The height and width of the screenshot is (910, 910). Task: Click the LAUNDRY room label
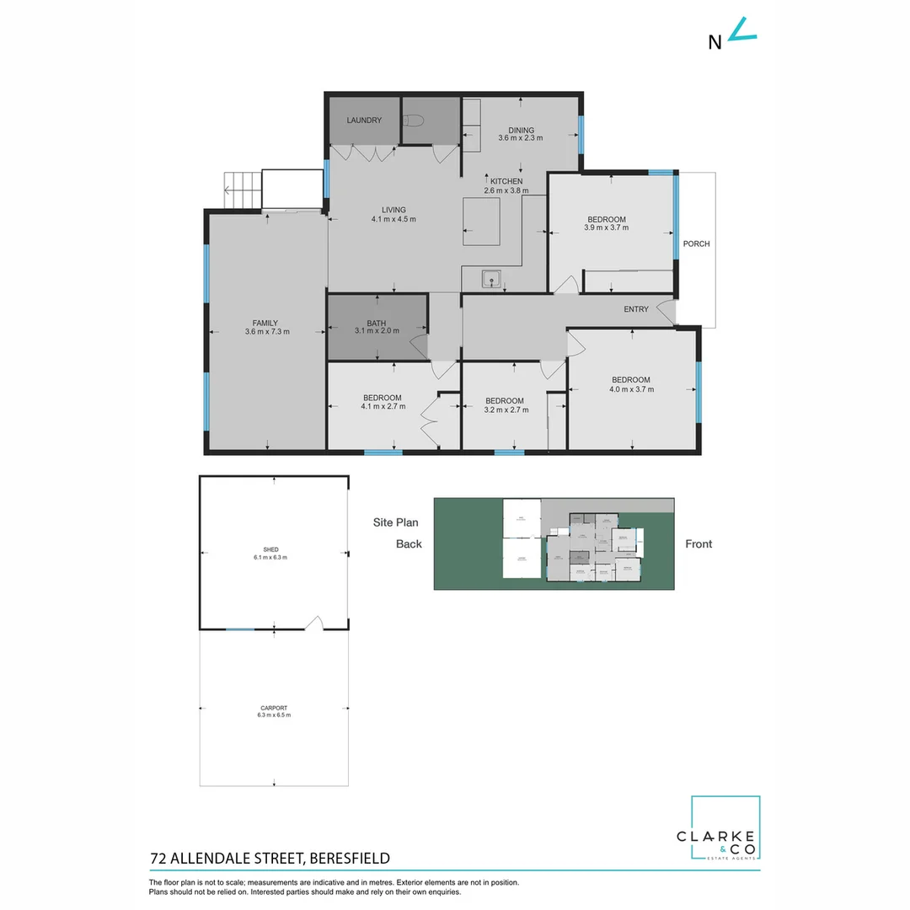(364, 120)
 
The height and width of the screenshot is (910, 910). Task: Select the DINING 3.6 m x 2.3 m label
(521, 134)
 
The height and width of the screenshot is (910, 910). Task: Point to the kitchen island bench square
(481, 222)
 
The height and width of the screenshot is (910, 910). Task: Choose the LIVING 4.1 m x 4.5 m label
(393, 215)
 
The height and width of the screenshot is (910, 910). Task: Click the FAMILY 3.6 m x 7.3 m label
(265, 327)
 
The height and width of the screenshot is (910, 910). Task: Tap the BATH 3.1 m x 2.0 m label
(376, 327)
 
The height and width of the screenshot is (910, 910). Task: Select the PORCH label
(696, 244)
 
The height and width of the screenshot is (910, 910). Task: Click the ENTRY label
(636, 309)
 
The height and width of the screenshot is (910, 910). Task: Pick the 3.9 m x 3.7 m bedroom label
(607, 223)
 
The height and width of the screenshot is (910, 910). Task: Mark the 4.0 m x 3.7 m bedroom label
(631, 384)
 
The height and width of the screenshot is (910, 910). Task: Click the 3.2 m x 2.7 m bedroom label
(505, 405)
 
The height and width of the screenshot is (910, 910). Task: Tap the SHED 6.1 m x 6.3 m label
(270, 554)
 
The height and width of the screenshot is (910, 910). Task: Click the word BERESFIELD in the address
(350, 859)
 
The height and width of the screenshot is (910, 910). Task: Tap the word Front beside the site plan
(699, 543)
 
